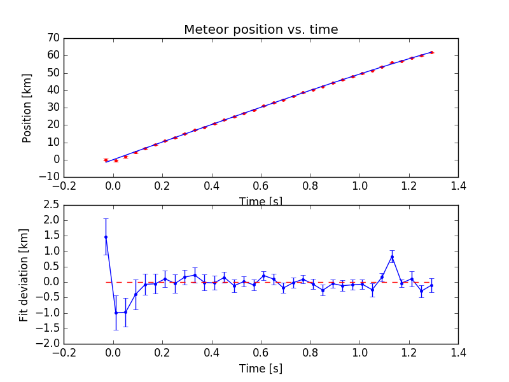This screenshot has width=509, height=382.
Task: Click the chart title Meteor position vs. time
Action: [x=261, y=30]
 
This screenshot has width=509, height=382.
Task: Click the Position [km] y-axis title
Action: [x=27, y=107]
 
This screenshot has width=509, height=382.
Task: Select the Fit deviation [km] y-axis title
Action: [x=25, y=274]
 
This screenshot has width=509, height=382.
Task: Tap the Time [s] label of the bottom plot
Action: [x=261, y=369]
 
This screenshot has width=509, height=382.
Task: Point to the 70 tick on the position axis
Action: [x=53, y=38]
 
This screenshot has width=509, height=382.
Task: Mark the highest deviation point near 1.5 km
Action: [x=106, y=237]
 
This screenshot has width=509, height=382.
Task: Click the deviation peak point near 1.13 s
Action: [x=392, y=257]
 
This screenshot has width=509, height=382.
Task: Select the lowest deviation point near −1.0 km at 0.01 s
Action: [x=116, y=313]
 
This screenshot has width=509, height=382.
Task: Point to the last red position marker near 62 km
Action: [x=431, y=52]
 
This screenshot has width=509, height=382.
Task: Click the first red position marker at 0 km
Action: [x=106, y=160]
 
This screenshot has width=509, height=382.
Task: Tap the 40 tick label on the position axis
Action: [x=53, y=90]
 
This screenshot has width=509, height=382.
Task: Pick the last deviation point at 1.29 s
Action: [x=431, y=285]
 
